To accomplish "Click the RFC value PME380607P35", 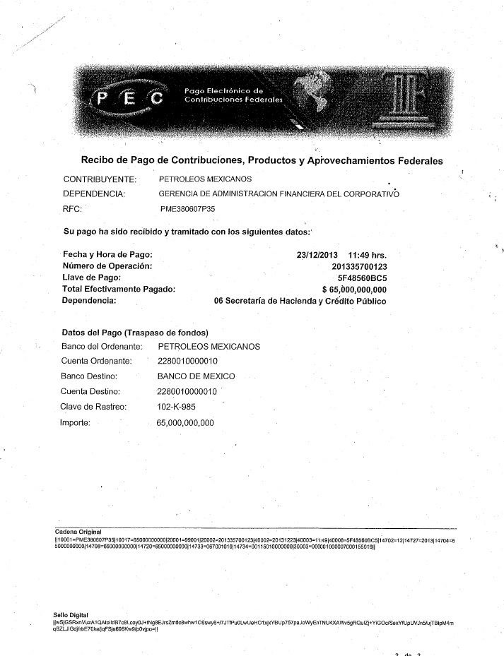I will coord(188,209).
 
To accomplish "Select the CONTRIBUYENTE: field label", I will coord(100,179).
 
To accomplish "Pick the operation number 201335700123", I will coord(359,266).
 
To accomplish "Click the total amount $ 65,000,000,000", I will coord(354,289).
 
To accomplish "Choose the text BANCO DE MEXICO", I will coord(197,376).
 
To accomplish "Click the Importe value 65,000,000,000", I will coord(184,423).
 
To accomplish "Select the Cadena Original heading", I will coord(78,531).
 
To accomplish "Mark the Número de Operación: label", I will coord(107,266).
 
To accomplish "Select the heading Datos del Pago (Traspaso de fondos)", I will coord(134,332).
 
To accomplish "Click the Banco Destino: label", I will coord(89,376).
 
